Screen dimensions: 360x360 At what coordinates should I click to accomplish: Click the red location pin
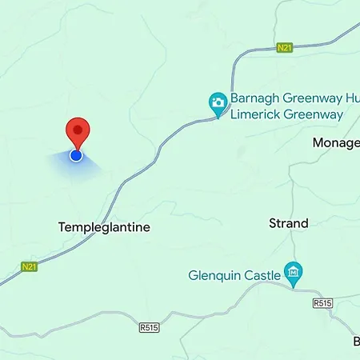77,132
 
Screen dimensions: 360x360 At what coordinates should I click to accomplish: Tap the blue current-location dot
76,155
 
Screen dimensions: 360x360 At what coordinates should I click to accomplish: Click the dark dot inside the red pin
77,129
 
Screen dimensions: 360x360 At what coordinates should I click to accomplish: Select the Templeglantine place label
104,227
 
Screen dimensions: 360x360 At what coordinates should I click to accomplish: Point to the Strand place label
288,223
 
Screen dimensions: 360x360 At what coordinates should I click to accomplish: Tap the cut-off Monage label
335,142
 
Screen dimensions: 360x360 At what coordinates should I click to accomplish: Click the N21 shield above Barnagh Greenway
284,48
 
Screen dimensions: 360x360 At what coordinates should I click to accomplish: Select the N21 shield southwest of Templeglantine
30,266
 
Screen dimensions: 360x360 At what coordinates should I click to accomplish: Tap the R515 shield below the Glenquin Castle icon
322,303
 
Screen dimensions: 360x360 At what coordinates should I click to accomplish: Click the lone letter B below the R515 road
355,342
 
